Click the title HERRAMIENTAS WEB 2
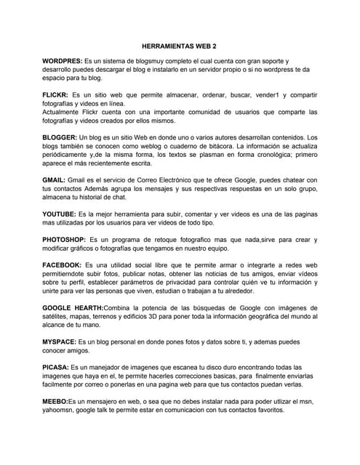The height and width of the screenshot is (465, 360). tap(180, 44)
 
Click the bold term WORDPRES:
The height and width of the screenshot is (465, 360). tap(62, 61)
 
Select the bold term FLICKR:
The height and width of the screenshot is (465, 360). tap(55, 95)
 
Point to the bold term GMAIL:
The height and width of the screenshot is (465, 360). tap(55, 179)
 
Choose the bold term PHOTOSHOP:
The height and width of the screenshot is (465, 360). tap(64, 239)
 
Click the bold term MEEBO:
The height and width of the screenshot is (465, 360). tap(55, 401)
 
